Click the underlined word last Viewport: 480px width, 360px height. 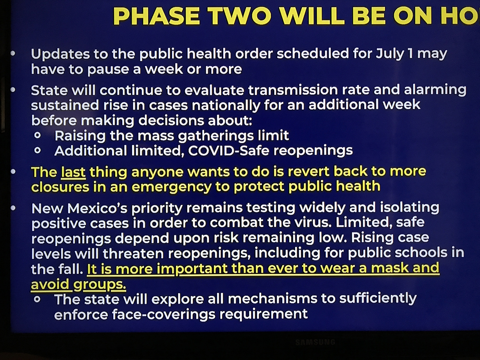point(73,172)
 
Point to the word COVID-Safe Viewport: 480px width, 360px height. point(228,151)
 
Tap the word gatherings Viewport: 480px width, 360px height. point(216,136)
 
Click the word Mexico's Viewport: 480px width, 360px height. point(97,208)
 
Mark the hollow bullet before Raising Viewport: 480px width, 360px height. point(38,136)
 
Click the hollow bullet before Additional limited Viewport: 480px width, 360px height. point(38,151)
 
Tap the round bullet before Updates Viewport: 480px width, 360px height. point(13,53)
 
